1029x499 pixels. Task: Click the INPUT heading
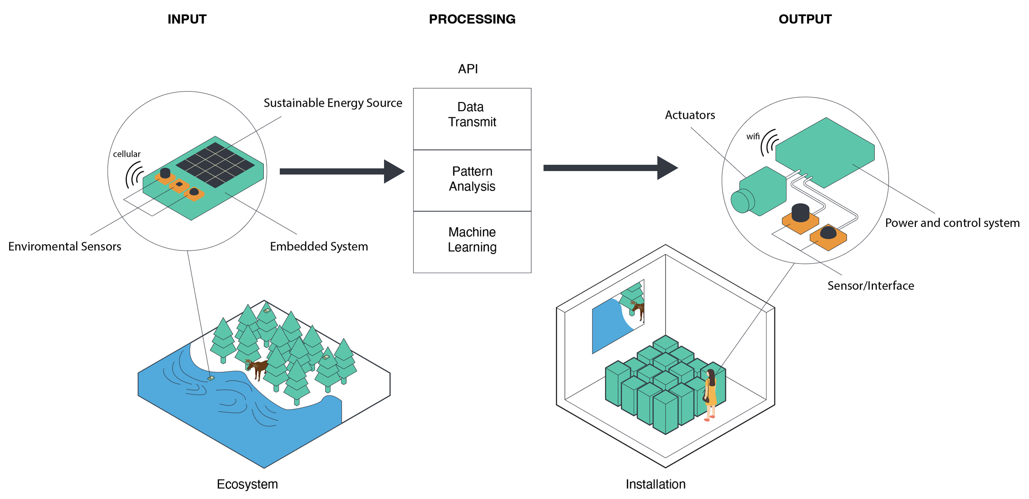tap(187, 19)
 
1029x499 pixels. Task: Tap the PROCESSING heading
tap(472, 19)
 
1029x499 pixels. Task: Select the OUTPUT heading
tap(805, 19)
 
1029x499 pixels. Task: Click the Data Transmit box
tap(472, 119)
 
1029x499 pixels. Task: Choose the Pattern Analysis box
tap(472, 180)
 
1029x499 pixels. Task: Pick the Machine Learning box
tap(472, 241)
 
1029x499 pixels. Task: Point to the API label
tap(468, 69)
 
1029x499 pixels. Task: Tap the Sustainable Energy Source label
tap(333, 103)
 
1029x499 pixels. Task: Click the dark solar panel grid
tap(215, 165)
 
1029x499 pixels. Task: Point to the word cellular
tap(127, 154)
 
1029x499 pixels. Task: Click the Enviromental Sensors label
tap(65, 246)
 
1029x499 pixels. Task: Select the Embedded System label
tap(319, 246)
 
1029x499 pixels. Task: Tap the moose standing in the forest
tap(258, 367)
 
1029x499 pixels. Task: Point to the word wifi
tap(753, 136)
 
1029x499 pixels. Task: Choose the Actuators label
tap(690, 115)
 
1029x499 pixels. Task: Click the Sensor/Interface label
tap(871, 286)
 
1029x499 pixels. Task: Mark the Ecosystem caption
tap(247, 484)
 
